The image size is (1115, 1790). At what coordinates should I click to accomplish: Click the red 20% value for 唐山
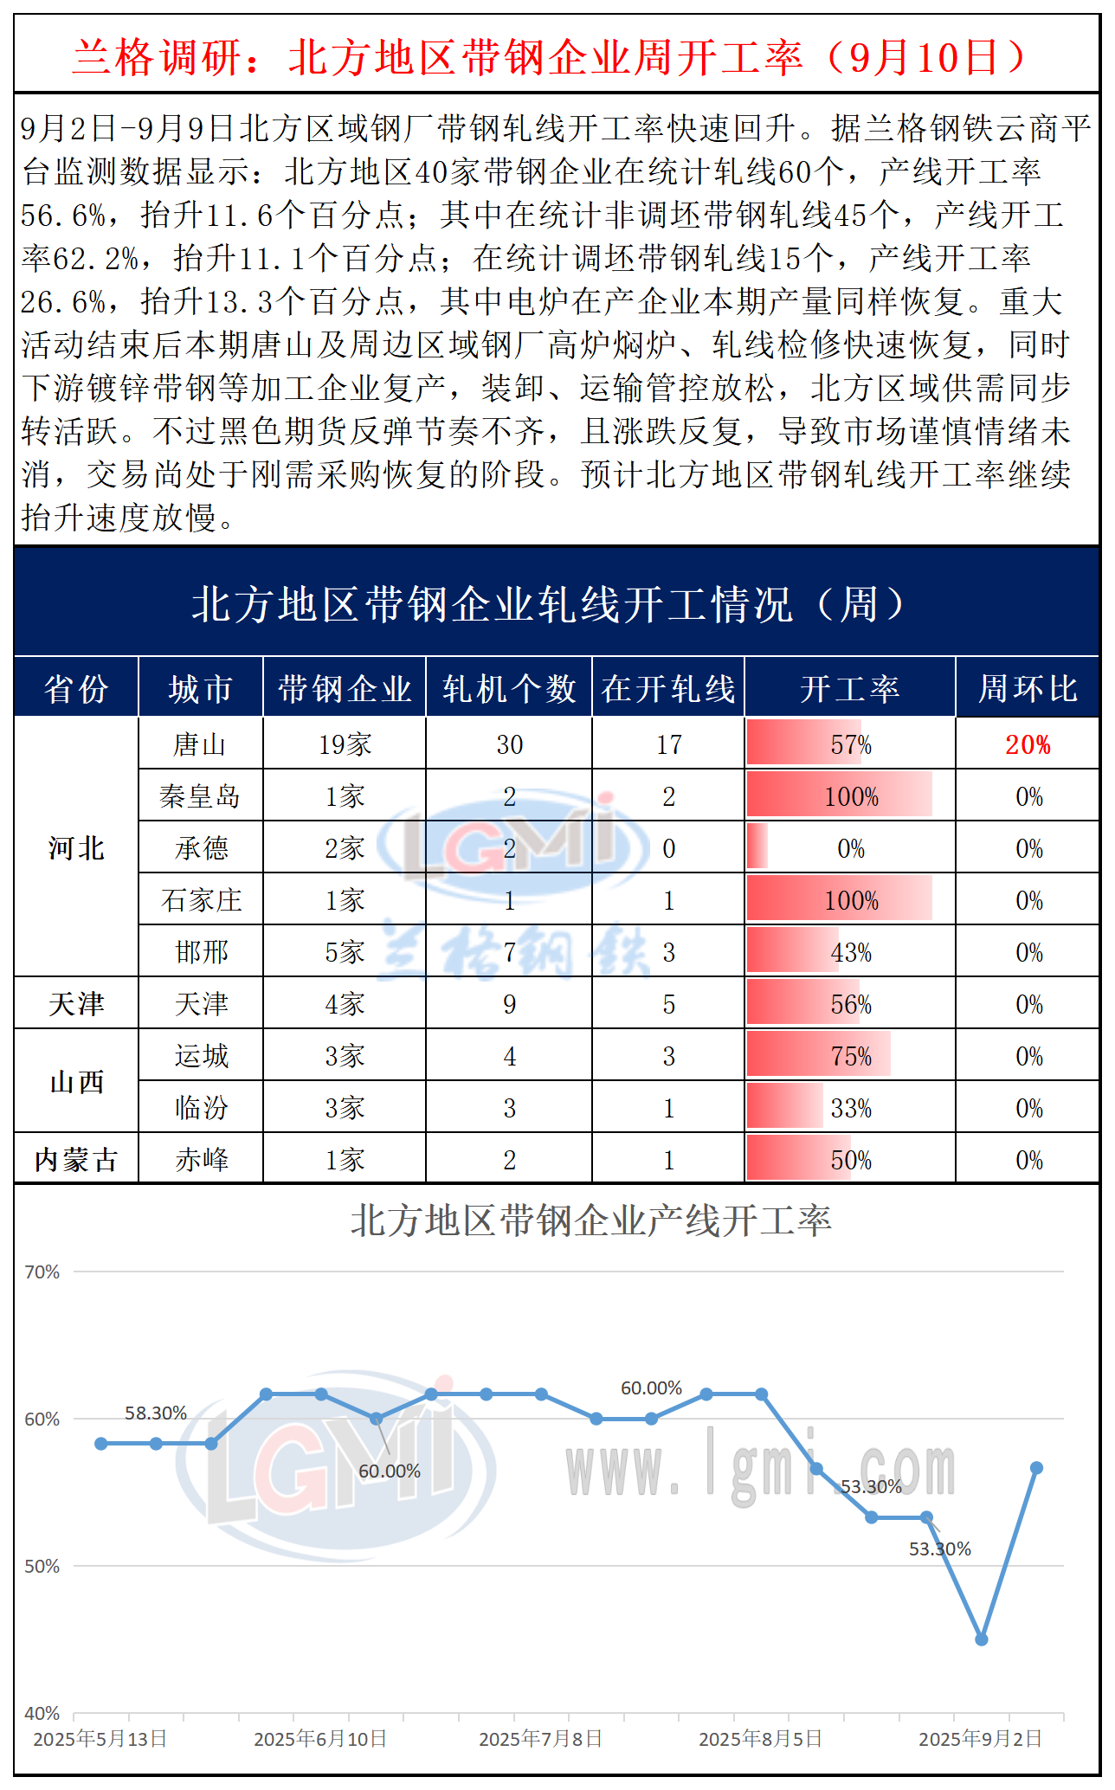tap(1028, 744)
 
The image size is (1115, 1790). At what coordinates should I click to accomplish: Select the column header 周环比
tap(1028, 689)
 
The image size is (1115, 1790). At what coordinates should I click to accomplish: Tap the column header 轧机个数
tap(509, 689)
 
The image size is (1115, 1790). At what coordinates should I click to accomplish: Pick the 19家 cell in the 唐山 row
tap(345, 744)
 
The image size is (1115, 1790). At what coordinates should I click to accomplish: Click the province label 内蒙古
tap(76, 1160)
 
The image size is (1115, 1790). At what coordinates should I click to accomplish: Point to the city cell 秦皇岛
tap(200, 796)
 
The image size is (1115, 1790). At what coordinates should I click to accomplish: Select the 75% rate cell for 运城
tap(851, 1056)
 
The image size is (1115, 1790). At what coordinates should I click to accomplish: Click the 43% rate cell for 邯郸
tap(851, 952)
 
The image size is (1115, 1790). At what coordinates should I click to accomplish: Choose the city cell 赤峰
tap(201, 1160)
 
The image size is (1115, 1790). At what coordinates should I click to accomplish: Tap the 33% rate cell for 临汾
tap(851, 1108)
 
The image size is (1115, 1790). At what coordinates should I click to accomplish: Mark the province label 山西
tap(76, 1082)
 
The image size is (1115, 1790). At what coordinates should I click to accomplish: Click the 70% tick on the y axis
tap(42, 1272)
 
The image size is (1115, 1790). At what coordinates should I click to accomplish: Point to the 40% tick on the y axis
tap(42, 1714)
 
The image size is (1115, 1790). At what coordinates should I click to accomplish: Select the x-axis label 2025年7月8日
tap(540, 1739)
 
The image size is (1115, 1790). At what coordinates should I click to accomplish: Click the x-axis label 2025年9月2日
tap(980, 1739)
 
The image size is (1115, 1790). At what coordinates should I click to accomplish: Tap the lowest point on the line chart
tap(982, 1639)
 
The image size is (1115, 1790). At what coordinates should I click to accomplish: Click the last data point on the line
tap(1036, 1468)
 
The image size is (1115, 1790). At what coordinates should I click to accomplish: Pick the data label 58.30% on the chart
tap(156, 1413)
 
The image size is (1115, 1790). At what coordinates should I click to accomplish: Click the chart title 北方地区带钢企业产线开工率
tap(590, 1221)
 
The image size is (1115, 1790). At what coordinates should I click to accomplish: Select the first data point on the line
tap(101, 1444)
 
